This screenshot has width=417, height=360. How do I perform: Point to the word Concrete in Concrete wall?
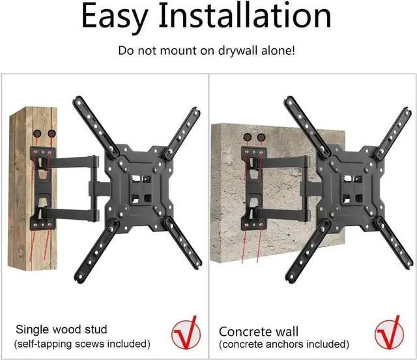(x=244, y=331)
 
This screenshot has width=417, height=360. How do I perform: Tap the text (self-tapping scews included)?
(x=81, y=343)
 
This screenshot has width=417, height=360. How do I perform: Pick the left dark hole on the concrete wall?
(x=248, y=138)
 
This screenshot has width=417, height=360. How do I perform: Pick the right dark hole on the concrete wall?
(x=261, y=138)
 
